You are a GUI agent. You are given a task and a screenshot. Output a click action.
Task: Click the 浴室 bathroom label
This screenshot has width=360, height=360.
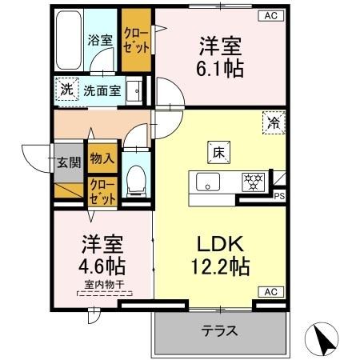point(99,38)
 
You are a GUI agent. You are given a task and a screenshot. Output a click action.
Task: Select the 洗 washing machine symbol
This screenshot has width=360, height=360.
point(66,90)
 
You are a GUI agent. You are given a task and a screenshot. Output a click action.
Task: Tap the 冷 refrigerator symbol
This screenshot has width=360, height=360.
point(274,123)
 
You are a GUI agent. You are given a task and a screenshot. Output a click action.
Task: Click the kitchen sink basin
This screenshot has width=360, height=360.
point(207,182)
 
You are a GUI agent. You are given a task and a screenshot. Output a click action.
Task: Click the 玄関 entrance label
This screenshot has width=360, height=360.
point(68,162)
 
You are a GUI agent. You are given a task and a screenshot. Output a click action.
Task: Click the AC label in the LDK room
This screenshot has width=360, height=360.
point(268,292)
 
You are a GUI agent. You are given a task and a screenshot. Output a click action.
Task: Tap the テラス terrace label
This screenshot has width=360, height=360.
point(218,330)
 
